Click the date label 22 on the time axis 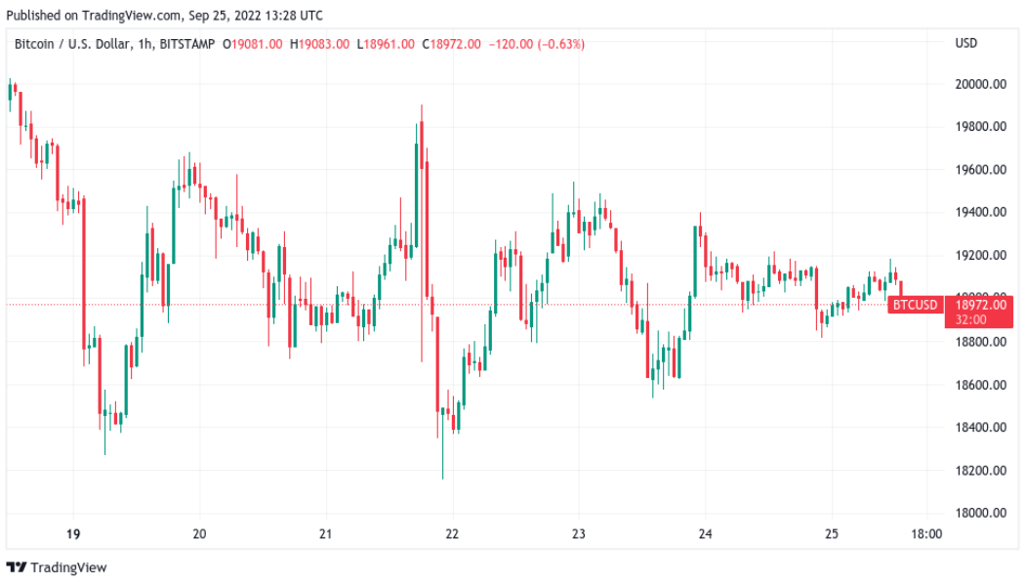(x=452, y=534)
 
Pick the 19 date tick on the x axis (x=73, y=534)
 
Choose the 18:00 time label (x=926, y=534)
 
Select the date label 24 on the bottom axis (x=706, y=534)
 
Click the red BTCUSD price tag (x=915, y=305)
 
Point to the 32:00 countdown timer (x=969, y=319)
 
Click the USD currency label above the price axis (x=966, y=43)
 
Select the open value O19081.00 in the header (x=253, y=44)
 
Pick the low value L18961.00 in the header (x=385, y=44)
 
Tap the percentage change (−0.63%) (x=558, y=44)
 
